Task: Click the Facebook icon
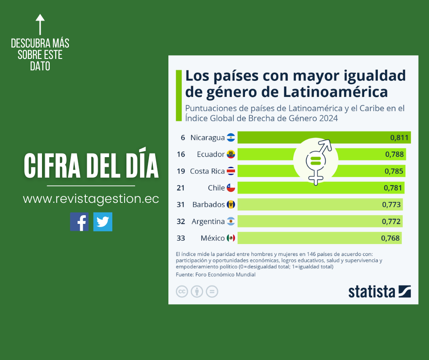79,222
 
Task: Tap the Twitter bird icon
103,222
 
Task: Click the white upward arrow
40,25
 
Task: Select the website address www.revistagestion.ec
91,199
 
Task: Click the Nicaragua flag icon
231,138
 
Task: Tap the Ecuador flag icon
231,154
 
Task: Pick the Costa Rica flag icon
231,171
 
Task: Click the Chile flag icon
231,188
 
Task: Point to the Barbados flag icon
231,204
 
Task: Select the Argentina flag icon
231,221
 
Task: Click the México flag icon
231,238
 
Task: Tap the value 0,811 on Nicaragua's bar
399,138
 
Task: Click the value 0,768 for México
390,238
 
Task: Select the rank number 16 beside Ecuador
181,154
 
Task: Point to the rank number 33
181,238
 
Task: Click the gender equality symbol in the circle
316,160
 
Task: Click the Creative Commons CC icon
182,291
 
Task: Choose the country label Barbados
209,205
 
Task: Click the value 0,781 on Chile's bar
393,188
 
